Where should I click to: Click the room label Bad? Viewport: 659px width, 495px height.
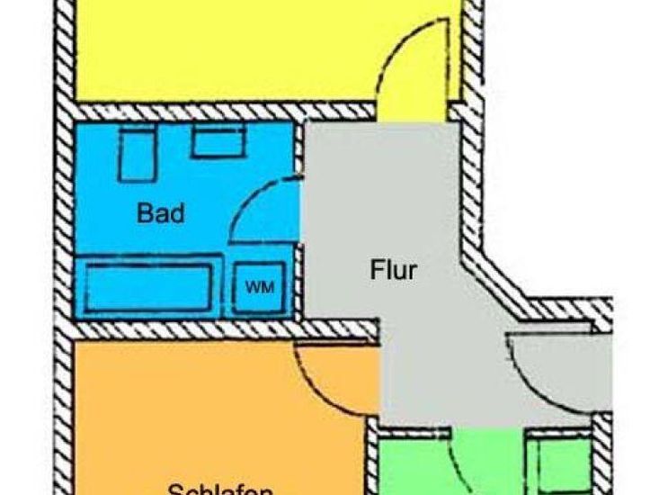click(x=161, y=214)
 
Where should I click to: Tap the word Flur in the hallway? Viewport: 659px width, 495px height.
click(x=394, y=269)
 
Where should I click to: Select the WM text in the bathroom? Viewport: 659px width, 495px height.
click(x=260, y=287)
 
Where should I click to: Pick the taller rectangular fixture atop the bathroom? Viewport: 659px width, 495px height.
click(x=138, y=154)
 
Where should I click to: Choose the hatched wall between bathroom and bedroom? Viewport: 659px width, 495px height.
click(x=216, y=329)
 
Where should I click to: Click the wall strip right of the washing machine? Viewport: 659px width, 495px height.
click(x=298, y=285)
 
